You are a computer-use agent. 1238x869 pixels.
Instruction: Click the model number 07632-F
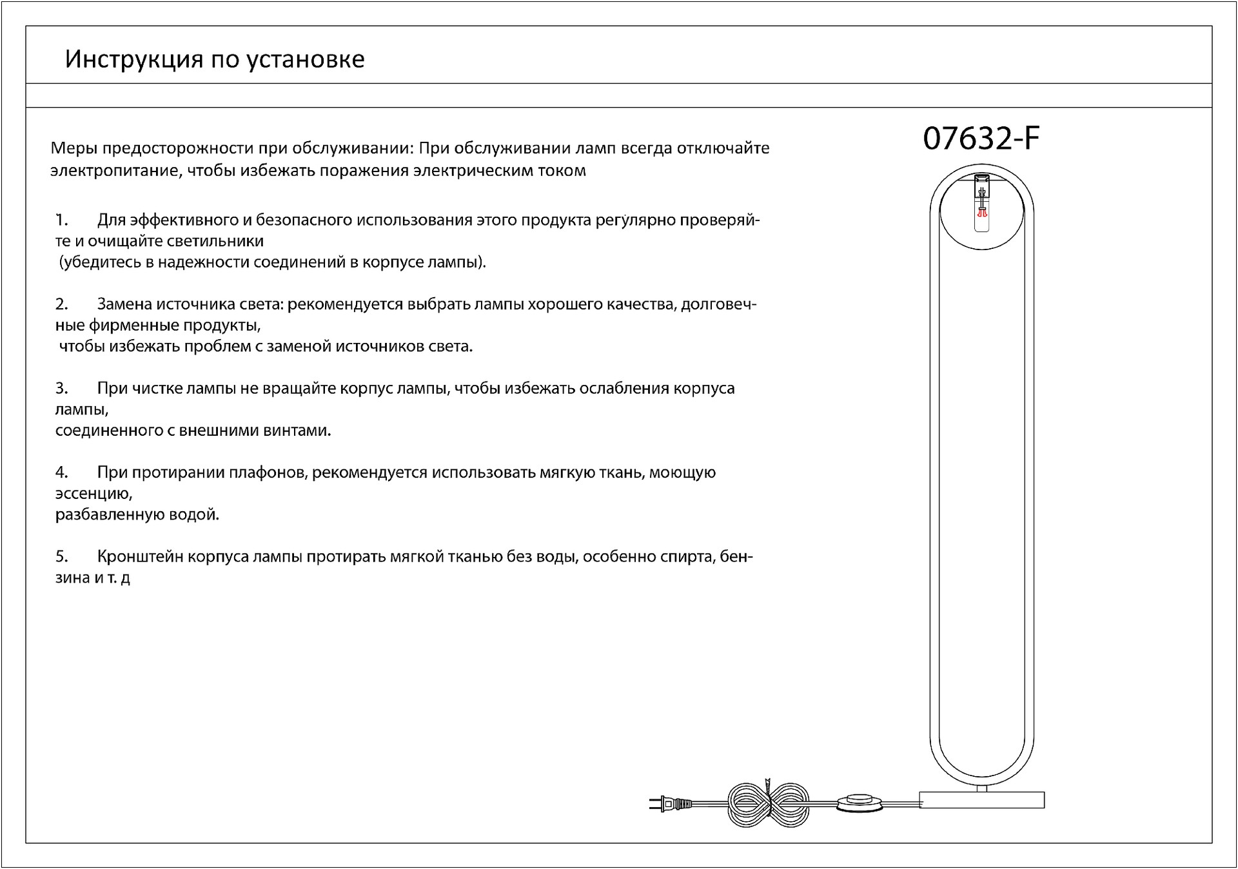981,139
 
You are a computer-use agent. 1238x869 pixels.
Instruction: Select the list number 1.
61,220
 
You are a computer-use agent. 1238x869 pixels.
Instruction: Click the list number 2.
61,304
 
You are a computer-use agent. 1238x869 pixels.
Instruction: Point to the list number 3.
61,388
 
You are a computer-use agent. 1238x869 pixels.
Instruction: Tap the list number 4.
61,473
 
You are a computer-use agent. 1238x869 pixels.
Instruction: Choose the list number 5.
61,556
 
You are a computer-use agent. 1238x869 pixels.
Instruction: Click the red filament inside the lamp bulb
983,211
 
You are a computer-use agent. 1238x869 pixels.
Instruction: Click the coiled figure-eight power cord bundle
768,803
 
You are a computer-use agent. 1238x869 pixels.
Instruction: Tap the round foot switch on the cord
861,803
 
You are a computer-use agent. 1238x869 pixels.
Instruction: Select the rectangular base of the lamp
981,800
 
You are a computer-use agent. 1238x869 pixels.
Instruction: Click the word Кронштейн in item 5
141,556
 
